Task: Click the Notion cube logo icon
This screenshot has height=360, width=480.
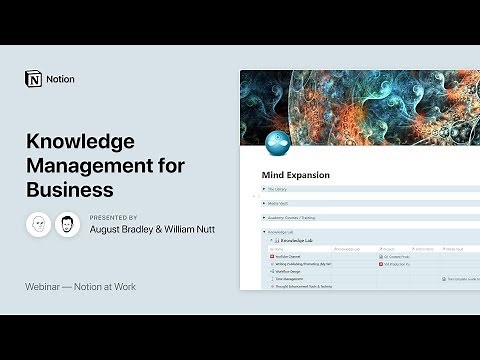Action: [x=32, y=78]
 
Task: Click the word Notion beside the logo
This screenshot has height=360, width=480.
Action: [x=60, y=79]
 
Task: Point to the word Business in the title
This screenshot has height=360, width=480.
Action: [x=69, y=187]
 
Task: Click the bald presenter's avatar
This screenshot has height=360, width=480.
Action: [x=38, y=224]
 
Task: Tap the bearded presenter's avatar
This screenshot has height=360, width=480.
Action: [x=67, y=224]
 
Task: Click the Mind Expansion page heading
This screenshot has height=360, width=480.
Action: [x=296, y=175]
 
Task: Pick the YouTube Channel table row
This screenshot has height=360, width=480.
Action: [x=291, y=256]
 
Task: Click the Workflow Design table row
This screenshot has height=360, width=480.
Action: [x=291, y=271]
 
